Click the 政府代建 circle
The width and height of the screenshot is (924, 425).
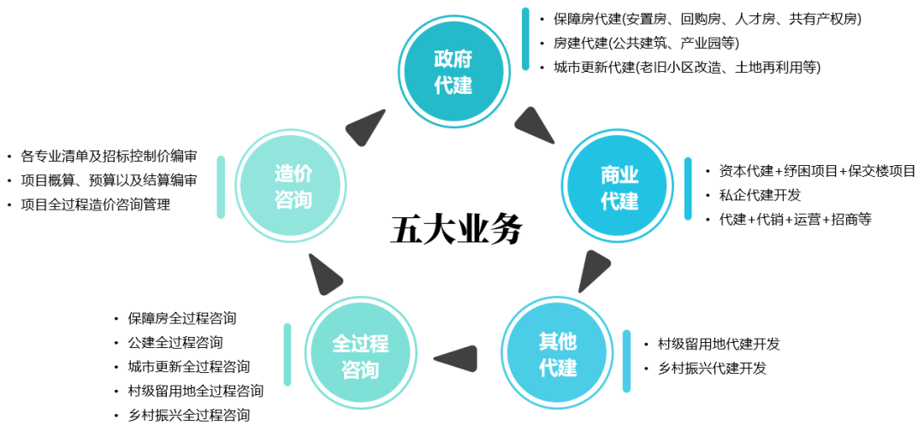pyautogui.click(x=453, y=72)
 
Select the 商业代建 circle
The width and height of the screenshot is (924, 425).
pyautogui.click(x=619, y=187)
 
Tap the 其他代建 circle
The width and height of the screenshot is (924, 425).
pyautogui.click(x=557, y=353)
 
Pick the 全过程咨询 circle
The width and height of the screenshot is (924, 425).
pyautogui.click(x=360, y=355)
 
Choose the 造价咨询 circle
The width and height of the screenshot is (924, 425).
pyautogui.click(x=293, y=186)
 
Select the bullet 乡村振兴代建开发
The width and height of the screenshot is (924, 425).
pyautogui.click(x=712, y=369)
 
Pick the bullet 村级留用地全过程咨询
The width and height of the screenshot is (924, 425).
pyautogui.click(x=196, y=391)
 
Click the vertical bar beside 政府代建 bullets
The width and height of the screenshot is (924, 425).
pyautogui.click(x=525, y=38)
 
